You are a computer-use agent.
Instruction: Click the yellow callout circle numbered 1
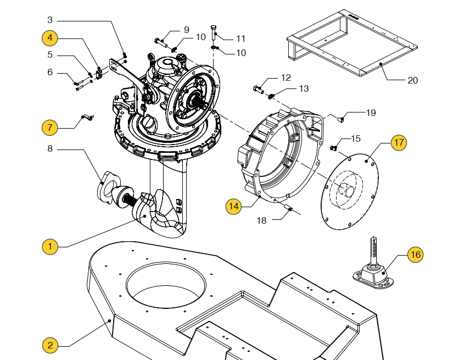50,246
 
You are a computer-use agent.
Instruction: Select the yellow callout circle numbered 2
50,345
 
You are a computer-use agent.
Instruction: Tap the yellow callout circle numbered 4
50,38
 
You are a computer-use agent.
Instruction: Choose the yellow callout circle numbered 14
233,206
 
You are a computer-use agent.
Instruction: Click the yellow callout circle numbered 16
415,254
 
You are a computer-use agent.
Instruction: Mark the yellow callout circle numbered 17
399,142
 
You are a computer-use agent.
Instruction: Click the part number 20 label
412,80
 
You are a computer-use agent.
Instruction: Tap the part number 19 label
371,113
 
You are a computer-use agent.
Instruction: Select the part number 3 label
50,20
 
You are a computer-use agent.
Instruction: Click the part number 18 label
262,220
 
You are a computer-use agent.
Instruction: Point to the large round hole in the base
166,286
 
